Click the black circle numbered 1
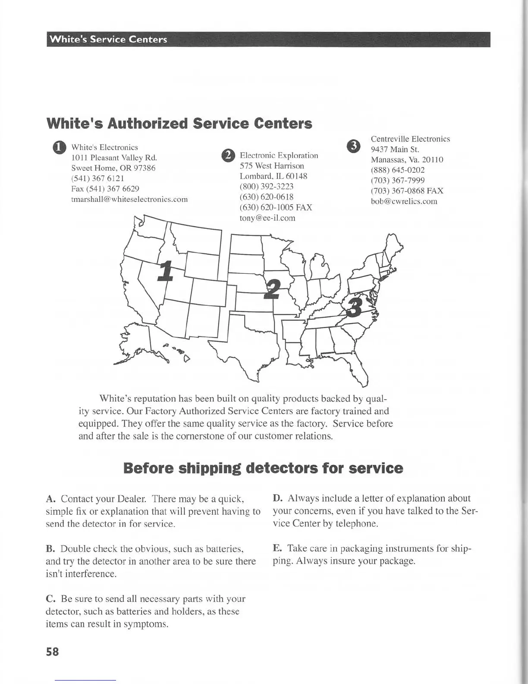coord(60,148)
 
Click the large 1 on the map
coord(165,271)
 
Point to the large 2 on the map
coord(272,289)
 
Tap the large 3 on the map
coord(355,307)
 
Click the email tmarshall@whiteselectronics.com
coord(129,199)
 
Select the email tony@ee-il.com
coord(267,218)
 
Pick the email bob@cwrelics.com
coord(404,201)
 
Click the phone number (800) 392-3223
coord(267,187)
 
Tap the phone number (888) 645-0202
coord(398,170)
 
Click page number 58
coord(52,652)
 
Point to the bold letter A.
coord(50,499)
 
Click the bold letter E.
coord(277,548)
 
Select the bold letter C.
coord(50,599)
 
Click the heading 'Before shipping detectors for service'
coord(263,468)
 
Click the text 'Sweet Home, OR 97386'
coord(113,168)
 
